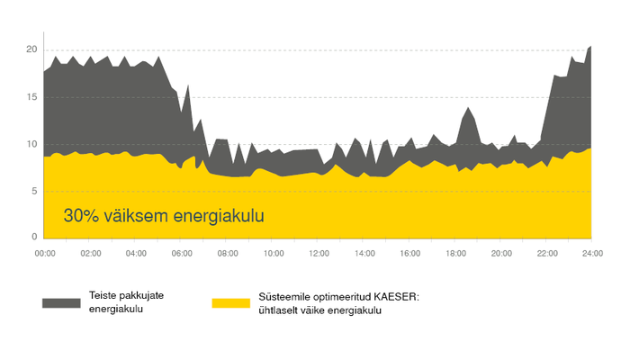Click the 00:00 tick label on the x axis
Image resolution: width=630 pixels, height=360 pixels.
45,254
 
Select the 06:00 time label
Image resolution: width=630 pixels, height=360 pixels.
182,254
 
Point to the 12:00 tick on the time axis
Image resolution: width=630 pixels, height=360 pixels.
319,254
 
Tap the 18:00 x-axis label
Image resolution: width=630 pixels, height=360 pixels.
455,254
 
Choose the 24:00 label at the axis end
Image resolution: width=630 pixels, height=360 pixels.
591,254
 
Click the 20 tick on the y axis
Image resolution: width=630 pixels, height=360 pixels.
32,49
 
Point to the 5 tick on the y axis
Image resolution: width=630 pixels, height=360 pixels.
35,191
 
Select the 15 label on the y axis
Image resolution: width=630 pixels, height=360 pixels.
32,96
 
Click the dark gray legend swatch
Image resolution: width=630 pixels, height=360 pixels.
61,302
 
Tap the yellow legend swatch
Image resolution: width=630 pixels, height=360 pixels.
230,302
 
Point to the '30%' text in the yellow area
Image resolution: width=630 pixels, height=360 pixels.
81,216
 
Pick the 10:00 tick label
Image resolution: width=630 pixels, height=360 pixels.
274,254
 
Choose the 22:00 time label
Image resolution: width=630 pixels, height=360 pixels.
546,254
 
